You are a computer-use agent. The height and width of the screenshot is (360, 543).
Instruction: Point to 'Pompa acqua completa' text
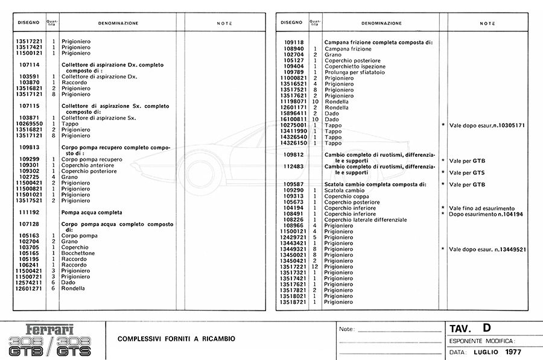click(92, 212)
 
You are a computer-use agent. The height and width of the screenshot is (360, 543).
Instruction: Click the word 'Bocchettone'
click(78, 253)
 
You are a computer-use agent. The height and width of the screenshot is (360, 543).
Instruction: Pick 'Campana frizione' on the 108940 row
click(348, 48)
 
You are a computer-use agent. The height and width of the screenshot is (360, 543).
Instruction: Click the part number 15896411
click(294, 113)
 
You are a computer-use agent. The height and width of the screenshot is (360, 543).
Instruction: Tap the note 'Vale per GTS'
click(468, 172)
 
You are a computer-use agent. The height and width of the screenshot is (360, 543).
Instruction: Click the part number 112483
click(295, 166)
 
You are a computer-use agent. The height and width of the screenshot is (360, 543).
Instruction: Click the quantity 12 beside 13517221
click(314, 267)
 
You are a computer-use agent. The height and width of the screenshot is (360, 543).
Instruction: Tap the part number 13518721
click(294, 302)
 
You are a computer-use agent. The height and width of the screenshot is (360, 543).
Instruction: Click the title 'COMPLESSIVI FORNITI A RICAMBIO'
click(176, 339)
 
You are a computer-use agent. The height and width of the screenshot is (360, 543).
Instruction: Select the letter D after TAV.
click(487, 328)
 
